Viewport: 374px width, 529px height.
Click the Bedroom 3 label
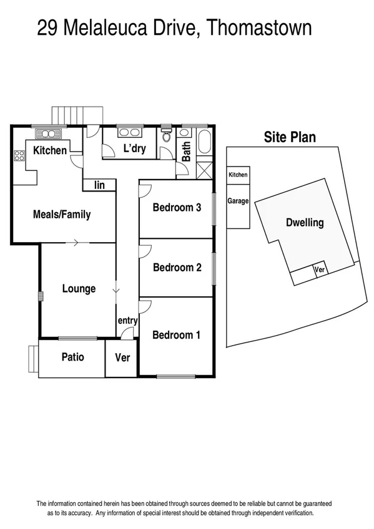coord(177,208)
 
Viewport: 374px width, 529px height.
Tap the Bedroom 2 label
coord(177,268)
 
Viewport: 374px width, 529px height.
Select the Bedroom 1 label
coord(177,335)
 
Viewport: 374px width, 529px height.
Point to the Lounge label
coord(79,289)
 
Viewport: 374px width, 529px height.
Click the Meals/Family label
coord(61,215)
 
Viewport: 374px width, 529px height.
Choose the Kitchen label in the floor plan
coord(49,150)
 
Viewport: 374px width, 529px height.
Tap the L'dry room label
coord(134,148)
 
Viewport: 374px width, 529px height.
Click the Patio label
coord(72,357)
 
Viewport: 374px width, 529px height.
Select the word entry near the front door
coord(127,321)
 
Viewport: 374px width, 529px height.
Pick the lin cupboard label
coord(99,185)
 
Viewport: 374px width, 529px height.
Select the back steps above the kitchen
coord(77,116)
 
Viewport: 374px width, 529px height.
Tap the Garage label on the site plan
coord(238,201)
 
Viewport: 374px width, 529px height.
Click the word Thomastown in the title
coord(258,29)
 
